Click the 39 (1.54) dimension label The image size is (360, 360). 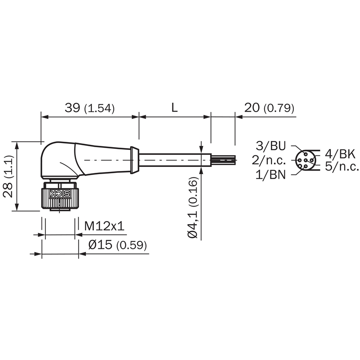90,108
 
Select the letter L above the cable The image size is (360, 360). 175,108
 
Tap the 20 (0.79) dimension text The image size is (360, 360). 269,108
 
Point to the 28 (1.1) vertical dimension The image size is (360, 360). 9,176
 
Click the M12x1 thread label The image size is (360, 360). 104,226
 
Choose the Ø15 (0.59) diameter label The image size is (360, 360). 117,245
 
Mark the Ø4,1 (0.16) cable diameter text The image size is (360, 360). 193,207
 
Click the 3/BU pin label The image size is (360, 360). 271,146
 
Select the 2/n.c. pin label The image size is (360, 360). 269,160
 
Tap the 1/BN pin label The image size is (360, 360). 271,175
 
